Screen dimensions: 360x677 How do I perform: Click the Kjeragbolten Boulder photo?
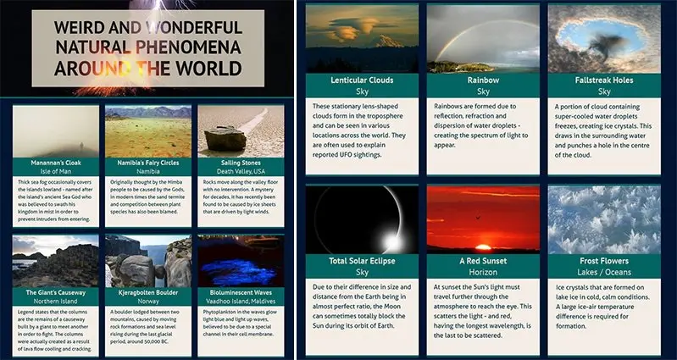click(x=142, y=261)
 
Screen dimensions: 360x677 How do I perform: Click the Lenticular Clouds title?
click(x=362, y=80)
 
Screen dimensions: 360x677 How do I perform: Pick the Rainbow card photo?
click(x=483, y=38)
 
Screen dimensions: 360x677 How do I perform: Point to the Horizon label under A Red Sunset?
click(x=483, y=273)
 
